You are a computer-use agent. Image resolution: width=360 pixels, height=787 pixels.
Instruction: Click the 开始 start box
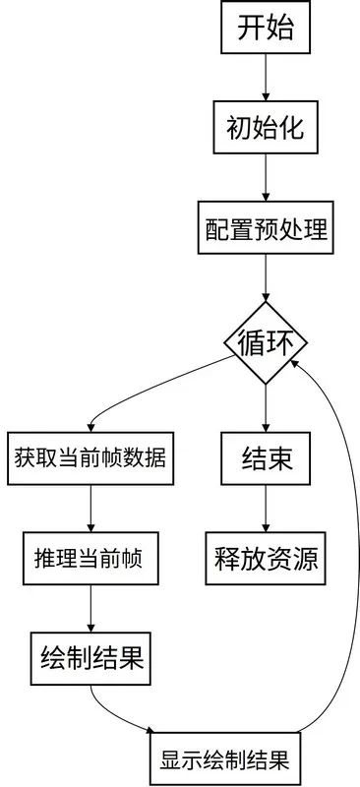coord(266,28)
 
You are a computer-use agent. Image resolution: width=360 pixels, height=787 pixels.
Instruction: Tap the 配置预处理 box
coord(266,229)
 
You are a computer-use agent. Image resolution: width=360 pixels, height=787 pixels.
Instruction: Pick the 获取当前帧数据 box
coord(90,457)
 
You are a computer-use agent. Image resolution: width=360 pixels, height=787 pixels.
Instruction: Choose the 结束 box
coord(266,458)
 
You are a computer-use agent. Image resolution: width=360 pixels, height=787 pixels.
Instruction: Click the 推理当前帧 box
coord(90,558)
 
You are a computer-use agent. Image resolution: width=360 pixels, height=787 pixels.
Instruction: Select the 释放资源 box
coord(266,558)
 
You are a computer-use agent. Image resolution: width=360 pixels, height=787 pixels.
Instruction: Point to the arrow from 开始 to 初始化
coord(266,78)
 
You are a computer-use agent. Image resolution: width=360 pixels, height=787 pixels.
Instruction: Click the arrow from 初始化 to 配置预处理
coord(266,178)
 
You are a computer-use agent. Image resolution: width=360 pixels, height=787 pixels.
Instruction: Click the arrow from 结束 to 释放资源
coord(266,509)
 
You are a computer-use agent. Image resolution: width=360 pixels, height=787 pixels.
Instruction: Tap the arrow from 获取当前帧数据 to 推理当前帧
coord(90,509)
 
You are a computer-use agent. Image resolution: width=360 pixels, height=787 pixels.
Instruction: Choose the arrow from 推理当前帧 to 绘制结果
coord(90,608)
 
